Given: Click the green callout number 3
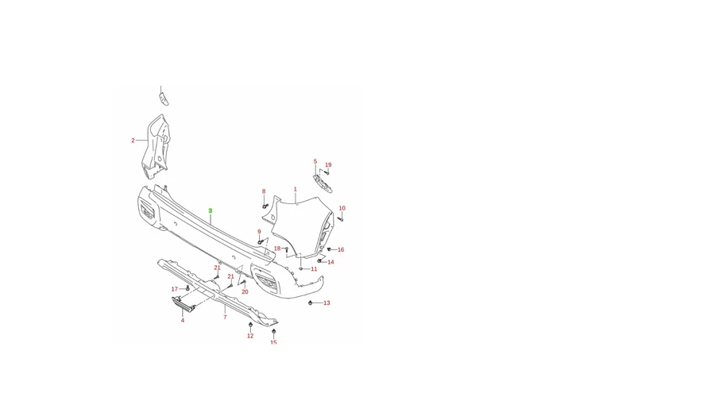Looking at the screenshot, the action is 211,210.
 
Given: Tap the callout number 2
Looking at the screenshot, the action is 133,141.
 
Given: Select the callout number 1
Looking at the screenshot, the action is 295,189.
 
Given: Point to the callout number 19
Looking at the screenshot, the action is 328,165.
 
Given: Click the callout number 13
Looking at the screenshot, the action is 327,303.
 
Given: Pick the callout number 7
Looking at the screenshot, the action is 225,317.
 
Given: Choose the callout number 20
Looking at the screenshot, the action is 245,291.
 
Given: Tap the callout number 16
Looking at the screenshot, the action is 341,250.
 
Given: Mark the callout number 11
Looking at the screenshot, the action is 314,269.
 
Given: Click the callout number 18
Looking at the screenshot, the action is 277,249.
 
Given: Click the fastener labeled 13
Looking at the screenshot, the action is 311,303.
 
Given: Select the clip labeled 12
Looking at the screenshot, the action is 250,325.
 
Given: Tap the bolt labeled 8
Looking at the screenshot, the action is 265,206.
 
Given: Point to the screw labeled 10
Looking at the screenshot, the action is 340,219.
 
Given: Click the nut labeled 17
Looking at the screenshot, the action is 187,288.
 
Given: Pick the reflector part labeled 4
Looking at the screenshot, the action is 184,304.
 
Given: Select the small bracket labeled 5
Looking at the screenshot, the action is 323,183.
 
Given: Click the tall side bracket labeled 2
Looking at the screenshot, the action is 155,147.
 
